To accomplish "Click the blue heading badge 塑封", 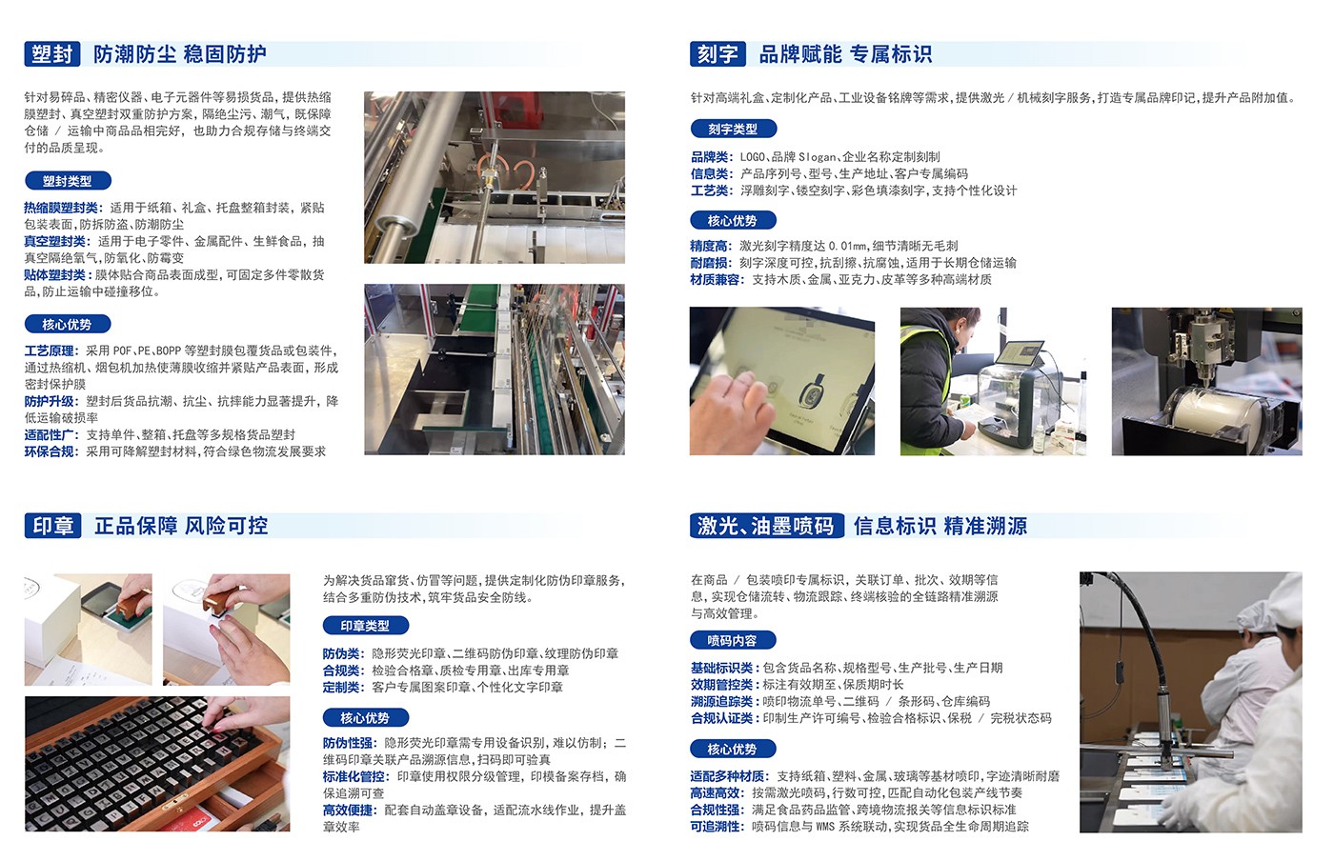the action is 51,54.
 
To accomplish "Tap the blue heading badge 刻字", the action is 718,54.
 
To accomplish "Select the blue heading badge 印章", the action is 53,526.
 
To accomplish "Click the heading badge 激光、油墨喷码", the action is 766,526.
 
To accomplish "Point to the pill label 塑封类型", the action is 68,180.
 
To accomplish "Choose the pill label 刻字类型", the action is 733,129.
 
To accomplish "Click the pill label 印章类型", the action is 366,626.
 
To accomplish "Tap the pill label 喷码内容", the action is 733,641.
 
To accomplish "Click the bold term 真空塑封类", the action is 55,241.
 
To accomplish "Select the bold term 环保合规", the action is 49,452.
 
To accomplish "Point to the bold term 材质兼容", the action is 715,280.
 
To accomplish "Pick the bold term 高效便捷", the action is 348,811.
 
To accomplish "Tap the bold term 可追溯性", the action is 715,827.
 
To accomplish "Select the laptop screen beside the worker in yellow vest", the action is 1020,352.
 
